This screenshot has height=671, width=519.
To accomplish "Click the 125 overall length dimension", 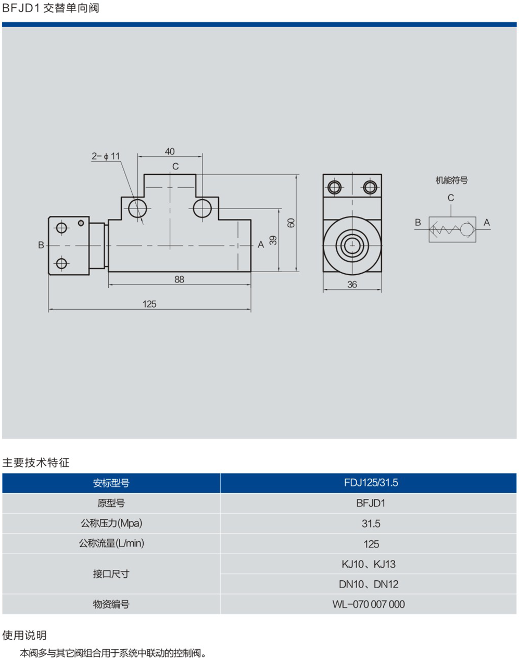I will tap(149, 304).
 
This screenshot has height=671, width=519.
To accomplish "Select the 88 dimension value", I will tap(179, 279).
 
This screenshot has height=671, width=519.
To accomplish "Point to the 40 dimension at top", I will tap(170, 151).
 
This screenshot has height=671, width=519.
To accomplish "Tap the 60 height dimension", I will tap(292, 222).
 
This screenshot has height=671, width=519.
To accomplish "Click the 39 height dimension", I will tap(273, 240).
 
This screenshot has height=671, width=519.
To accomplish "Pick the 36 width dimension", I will tap(352, 284).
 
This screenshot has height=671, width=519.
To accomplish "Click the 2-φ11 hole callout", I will tap(106, 156).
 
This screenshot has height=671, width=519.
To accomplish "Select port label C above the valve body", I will tap(175, 166).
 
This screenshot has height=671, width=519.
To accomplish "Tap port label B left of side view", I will tap(41, 245).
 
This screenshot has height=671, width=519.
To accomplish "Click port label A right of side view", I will tap(261, 245).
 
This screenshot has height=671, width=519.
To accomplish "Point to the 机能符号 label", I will tap(451, 180).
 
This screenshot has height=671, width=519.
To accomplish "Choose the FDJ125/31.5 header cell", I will tap(371, 483).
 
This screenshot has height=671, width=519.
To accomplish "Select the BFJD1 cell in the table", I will tap(371, 503).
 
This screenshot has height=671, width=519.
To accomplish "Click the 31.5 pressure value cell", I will tap(371, 523).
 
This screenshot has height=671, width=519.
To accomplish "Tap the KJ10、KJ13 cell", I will tap(369, 564).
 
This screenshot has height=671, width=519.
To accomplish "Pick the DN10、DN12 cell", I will tap(369, 584).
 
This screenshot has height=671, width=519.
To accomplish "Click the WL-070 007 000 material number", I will tap(369, 604).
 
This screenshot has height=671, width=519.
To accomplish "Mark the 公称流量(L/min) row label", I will tap(111, 543).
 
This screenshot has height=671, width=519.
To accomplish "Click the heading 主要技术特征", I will tap(36, 462).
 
